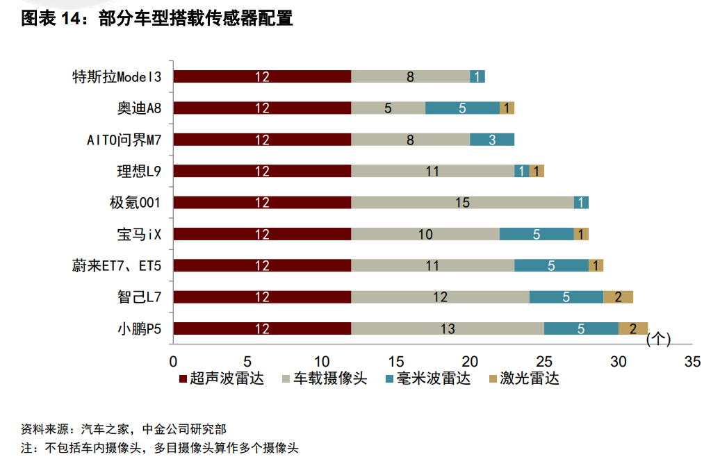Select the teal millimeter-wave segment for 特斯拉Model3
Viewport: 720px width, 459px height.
pyautogui.click(x=477, y=76)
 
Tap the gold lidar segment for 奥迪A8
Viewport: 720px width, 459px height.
pyautogui.click(x=507, y=108)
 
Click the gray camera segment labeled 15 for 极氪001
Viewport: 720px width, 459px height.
pyautogui.click(x=462, y=203)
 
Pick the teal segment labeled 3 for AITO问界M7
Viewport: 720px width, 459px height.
pyautogui.click(x=492, y=140)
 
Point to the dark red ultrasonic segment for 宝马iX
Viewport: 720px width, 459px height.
pyautogui.click(x=262, y=234)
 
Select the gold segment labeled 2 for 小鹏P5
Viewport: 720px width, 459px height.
pyautogui.click(x=632, y=329)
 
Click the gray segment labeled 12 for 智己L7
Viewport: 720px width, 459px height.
pyautogui.click(x=440, y=297)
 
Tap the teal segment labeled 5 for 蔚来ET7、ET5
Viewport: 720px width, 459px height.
pyautogui.click(x=551, y=265)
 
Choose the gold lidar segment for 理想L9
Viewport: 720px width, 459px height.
pyautogui.click(x=537, y=171)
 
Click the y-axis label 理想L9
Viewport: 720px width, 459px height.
pyautogui.click(x=139, y=171)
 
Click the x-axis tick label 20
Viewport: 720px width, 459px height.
pyautogui.click(x=470, y=361)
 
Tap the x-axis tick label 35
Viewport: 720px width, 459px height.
pyautogui.click(x=692, y=361)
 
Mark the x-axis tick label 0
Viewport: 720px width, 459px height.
pyautogui.click(x=173, y=361)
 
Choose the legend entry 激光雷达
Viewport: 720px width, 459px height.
pyautogui.click(x=525, y=379)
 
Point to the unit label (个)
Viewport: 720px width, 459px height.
pyautogui.click(x=658, y=340)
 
